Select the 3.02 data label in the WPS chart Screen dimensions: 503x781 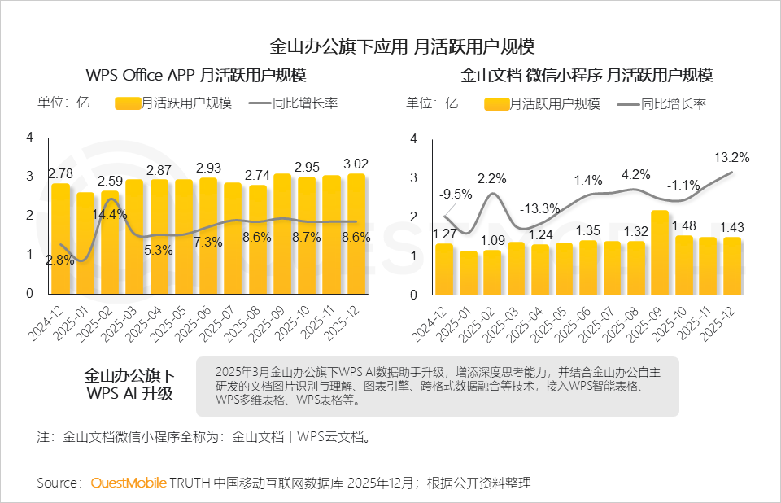tap(355, 162)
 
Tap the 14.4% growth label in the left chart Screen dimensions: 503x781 tap(109, 215)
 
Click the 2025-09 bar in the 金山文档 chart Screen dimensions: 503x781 tap(660, 252)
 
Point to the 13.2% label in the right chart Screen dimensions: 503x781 tap(731, 157)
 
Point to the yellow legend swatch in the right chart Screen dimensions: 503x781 tap(496, 104)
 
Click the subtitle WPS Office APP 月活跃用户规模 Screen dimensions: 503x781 tap(196, 76)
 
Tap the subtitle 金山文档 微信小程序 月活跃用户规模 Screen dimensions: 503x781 tap(587, 76)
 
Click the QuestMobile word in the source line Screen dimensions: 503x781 tap(129, 483)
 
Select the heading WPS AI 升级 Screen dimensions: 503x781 tap(129, 394)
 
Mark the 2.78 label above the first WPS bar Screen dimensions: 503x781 tap(61, 173)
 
